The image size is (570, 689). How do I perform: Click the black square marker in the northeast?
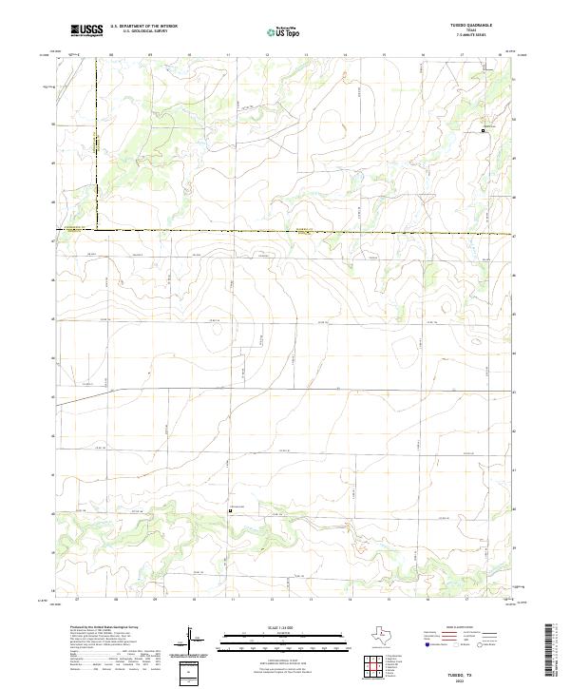point(483,130)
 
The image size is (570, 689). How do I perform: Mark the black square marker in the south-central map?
point(230,510)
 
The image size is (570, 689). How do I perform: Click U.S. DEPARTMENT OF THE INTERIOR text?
point(144,27)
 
